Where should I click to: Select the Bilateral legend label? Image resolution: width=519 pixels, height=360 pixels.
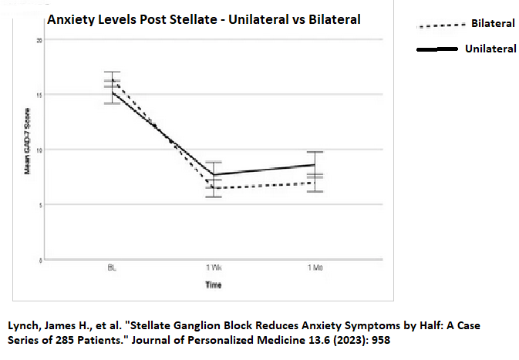pyautogui.click(x=493, y=24)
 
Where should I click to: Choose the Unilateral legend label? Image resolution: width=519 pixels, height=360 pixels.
pyautogui.click(x=490, y=49)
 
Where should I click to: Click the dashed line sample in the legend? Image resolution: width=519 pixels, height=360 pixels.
pyautogui.click(x=440, y=25)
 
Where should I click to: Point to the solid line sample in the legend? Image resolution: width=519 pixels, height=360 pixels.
pyautogui.click(x=437, y=49)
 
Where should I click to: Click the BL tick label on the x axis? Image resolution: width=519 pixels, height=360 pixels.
pyautogui.click(x=112, y=267)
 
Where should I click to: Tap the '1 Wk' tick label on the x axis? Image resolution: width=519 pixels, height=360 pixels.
pyautogui.click(x=214, y=267)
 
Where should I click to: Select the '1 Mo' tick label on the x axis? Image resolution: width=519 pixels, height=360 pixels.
pyautogui.click(x=315, y=267)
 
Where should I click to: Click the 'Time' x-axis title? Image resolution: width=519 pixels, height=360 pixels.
pyautogui.click(x=214, y=285)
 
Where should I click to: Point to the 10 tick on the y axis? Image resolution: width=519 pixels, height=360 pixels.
pyautogui.click(x=39, y=150)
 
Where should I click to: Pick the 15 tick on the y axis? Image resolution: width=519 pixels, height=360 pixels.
pyautogui.click(x=39, y=95)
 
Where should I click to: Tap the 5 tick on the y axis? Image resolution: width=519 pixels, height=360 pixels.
pyautogui.click(x=39, y=204)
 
